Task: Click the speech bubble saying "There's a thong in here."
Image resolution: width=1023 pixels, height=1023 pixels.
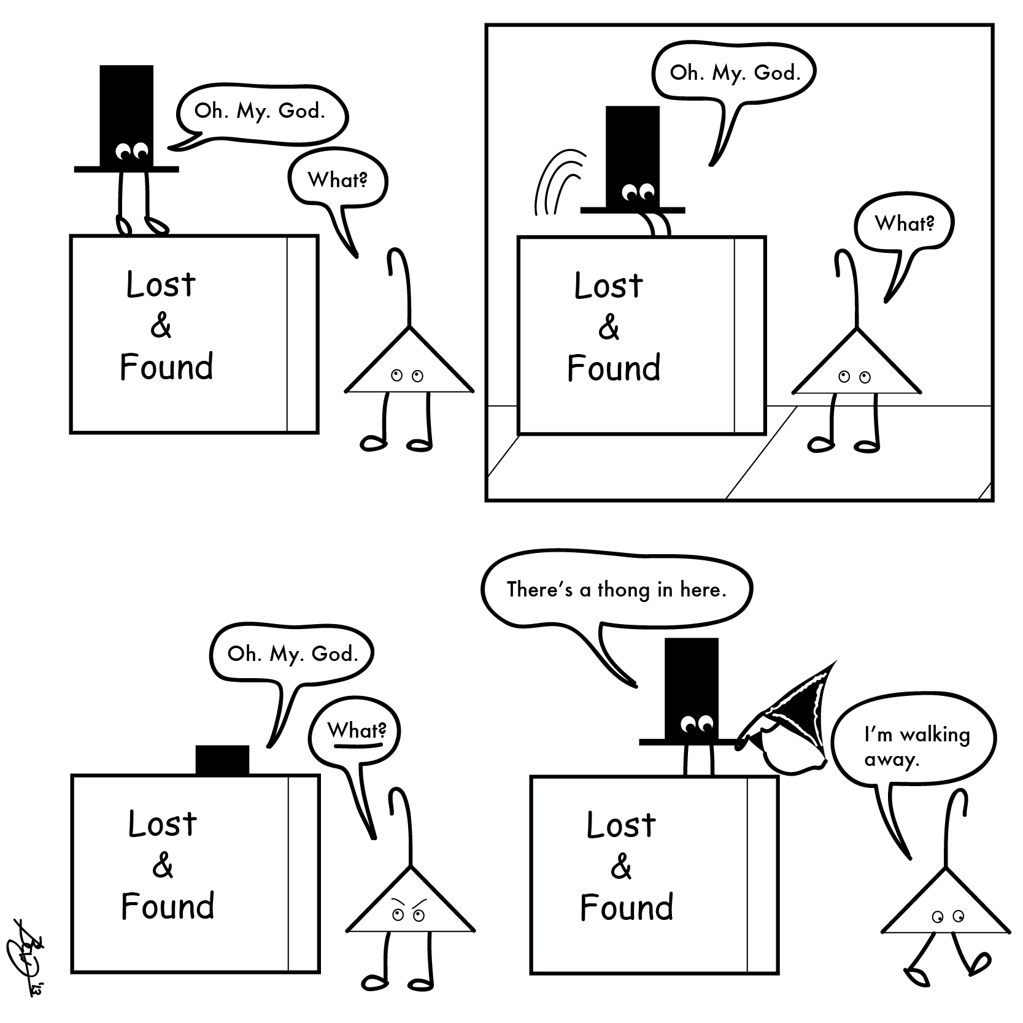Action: point(616,590)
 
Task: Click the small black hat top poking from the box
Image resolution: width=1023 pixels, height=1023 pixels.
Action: point(222,760)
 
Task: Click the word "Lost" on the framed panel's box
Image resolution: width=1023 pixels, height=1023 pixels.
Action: point(608,285)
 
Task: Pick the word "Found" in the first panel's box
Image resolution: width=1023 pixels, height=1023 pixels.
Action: point(166,368)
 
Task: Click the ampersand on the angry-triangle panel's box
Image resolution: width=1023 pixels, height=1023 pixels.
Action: point(163,866)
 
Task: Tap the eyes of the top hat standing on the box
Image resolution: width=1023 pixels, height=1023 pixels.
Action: point(133,149)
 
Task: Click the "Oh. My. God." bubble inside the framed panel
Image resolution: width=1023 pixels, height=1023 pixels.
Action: point(735,73)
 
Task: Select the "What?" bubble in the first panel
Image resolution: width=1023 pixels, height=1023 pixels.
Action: point(337,180)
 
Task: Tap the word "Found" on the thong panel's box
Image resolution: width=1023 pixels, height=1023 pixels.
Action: point(627,908)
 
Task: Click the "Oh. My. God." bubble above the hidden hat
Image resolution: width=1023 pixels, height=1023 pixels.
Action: point(292,654)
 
